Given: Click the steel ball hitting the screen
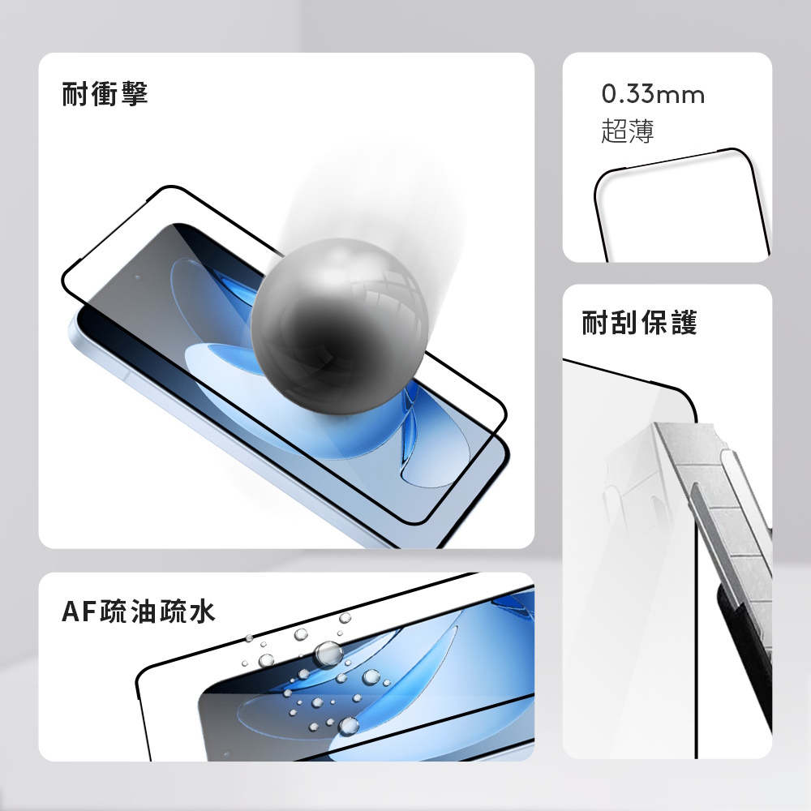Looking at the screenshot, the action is [x=340, y=325].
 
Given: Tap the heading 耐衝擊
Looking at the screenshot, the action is [x=105, y=93].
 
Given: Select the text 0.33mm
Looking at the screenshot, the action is [x=653, y=94].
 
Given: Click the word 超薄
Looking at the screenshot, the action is [x=628, y=131].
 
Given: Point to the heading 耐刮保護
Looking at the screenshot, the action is [x=640, y=322].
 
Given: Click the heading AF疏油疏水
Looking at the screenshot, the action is [x=138, y=611].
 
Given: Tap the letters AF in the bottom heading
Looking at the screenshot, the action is [x=79, y=611].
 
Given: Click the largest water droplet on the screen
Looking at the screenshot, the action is [x=328, y=654].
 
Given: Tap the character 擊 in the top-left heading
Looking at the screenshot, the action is [x=135, y=93].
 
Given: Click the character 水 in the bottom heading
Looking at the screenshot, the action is [x=202, y=611].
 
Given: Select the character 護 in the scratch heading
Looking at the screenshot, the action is [x=684, y=322].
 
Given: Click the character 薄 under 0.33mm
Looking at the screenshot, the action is [x=642, y=131].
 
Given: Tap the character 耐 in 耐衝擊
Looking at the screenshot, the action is [x=75, y=93].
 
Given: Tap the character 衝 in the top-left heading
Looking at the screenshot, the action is [x=105, y=93].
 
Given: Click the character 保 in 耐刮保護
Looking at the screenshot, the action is [x=654, y=322].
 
